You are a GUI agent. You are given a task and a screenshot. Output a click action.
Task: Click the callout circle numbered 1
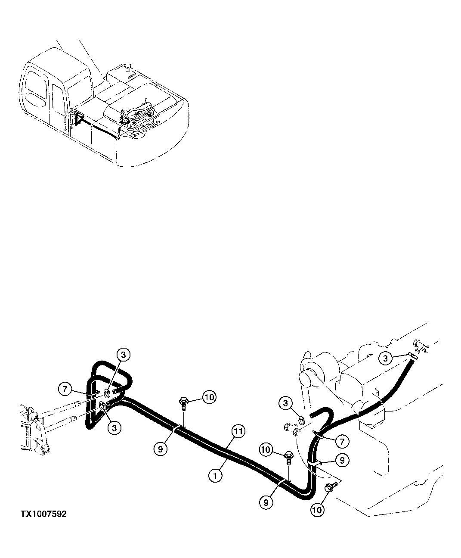point(215,475)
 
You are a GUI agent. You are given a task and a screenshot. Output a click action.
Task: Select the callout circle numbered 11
point(239,431)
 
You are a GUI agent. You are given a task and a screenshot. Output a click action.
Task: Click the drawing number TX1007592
point(43,514)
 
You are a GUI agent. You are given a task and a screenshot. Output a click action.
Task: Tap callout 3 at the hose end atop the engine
point(386,358)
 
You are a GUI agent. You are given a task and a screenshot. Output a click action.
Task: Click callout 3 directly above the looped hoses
point(123,355)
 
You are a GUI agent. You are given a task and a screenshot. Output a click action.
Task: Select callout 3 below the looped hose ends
point(114,427)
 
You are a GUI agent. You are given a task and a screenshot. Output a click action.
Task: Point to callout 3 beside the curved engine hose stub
point(285,404)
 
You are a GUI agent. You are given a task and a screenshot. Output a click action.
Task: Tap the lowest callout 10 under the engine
point(317,510)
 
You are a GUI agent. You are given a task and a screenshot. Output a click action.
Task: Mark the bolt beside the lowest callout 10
point(331,487)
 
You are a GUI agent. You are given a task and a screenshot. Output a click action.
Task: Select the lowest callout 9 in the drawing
point(266,502)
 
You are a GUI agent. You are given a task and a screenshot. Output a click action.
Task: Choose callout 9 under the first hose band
point(160,449)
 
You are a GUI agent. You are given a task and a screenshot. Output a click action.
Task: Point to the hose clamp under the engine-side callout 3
point(301,417)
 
